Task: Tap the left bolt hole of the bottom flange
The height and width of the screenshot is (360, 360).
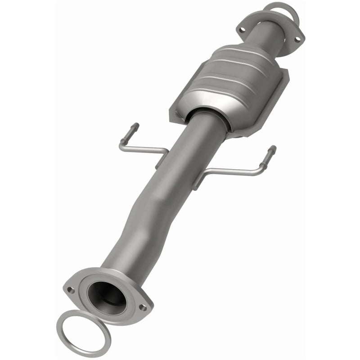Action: coord(71,290)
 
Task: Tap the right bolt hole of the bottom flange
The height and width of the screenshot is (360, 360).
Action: coord(143,308)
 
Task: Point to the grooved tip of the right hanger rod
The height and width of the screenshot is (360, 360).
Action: coord(272,151)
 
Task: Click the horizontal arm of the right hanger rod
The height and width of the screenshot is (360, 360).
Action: coord(234,171)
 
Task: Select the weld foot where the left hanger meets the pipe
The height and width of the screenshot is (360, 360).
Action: coord(159,162)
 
